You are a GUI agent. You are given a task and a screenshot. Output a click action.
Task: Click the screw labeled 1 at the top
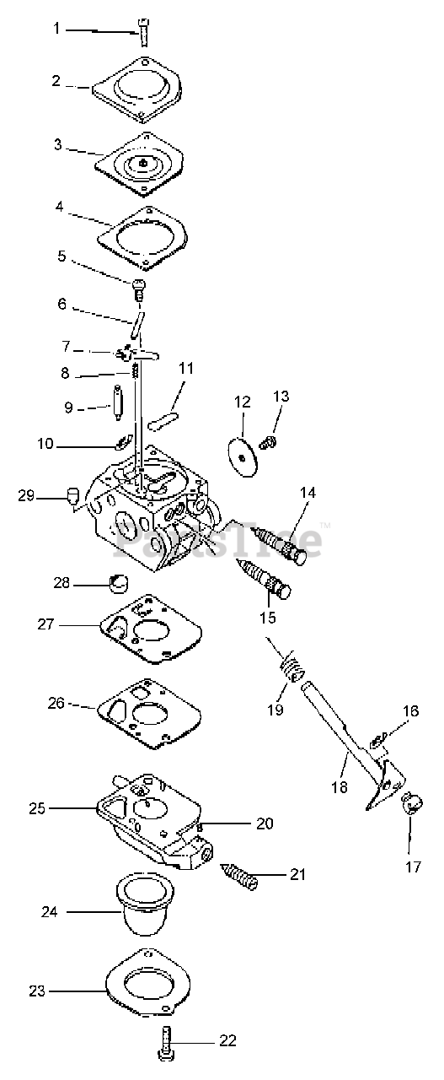pyautogui.click(x=143, y=32)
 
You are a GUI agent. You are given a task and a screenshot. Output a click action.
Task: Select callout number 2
pyautogui.click(x=56, y=81)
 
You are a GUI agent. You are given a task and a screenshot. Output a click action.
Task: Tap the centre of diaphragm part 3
pyautogui.click(x=142, y=164)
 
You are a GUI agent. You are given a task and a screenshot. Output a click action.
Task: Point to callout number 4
pyautogui.click(x=59, y=207)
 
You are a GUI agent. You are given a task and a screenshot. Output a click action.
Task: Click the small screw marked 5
pyautogui.click(x=138, y=289)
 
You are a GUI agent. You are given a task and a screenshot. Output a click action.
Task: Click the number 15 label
pyautogui.click(x=268, y=617)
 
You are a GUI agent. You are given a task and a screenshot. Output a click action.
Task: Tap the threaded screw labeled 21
pyautogui.click(x=239, y=875)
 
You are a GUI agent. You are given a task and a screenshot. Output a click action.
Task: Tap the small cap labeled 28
pyautogui.click(x=118, y=584)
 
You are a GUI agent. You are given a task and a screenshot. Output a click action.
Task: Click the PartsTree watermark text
pyautogui.click(x=217, y=540)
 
